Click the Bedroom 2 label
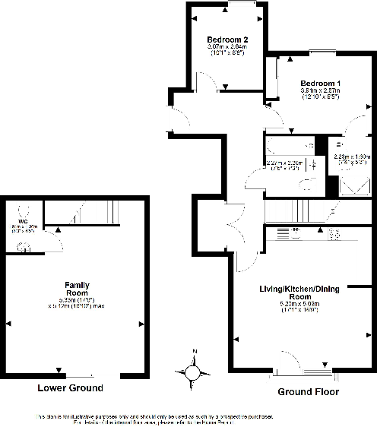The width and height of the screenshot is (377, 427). click(x=227, y=40)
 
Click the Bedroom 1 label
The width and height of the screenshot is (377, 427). click(x=320, y=83)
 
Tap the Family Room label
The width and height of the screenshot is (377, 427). click(x=77, y=289)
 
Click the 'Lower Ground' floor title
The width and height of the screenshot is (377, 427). click(x=70, y=387)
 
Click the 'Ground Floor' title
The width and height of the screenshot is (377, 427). click(x=307, y=392)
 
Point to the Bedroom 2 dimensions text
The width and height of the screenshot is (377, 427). click(x=227, y=51)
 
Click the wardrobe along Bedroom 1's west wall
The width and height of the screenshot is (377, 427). click(x=271, y=80)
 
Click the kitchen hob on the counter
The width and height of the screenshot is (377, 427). click(x=334, y=235)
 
